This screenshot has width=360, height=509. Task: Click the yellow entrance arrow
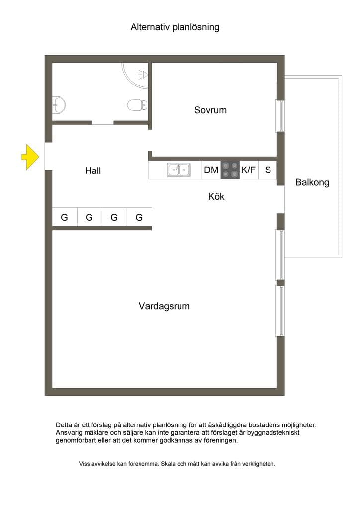point(30,157)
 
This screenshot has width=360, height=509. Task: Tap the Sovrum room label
point(210,110)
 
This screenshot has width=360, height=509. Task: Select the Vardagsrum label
point(164,306)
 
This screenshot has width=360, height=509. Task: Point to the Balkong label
point(312,182)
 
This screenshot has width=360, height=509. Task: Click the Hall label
point(93,170)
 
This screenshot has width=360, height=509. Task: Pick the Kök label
point(216,196)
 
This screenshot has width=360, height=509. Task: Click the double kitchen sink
point(179,170)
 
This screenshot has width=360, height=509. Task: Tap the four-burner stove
point(230,170)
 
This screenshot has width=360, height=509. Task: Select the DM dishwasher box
point(211,170)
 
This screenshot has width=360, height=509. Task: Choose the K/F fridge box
point(249,170)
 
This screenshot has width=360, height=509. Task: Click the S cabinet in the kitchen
point(268,170)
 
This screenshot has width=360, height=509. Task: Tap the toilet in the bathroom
point(137,105)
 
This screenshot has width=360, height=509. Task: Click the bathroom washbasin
point(59,105)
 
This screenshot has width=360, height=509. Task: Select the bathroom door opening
point(102,123)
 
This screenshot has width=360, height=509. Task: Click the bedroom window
point(280,116)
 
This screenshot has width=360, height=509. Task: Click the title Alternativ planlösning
point(175,27)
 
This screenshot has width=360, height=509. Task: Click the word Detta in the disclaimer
point(64,425)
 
